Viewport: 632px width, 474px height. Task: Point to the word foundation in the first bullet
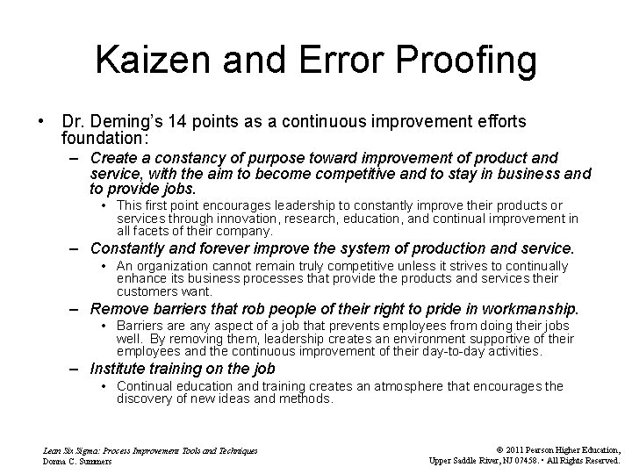pos(103,138)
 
